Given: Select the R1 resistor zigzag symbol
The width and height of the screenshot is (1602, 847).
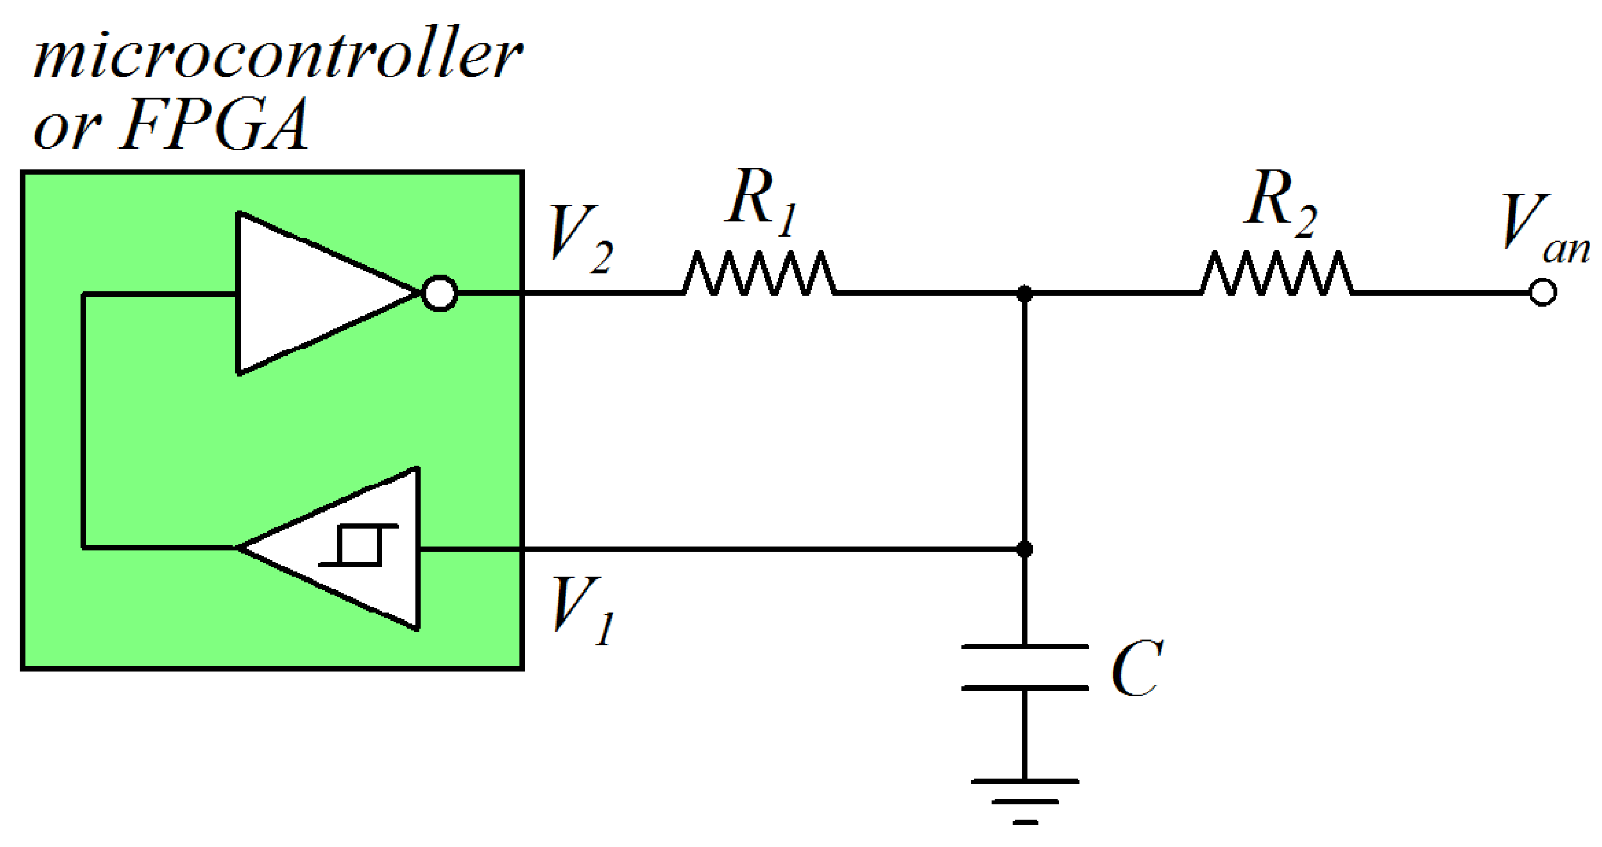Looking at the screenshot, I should [x=759, y=273].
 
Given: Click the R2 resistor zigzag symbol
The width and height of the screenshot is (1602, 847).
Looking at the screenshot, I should [x=1276, y=273].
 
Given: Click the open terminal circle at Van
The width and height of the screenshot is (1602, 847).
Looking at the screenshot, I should [x=1542, y=292].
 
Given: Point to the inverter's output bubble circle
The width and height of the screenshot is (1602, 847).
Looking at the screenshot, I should [x=440, y=293].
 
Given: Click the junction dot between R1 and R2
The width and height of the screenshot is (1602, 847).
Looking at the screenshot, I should [x=1024, y=293].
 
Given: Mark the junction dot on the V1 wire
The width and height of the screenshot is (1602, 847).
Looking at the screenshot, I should [x=1024, y=549].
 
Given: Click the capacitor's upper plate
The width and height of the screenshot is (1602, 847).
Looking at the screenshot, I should [x=1024, y=647].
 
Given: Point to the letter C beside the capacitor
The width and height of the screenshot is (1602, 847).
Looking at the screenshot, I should [x=1136, y=668].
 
